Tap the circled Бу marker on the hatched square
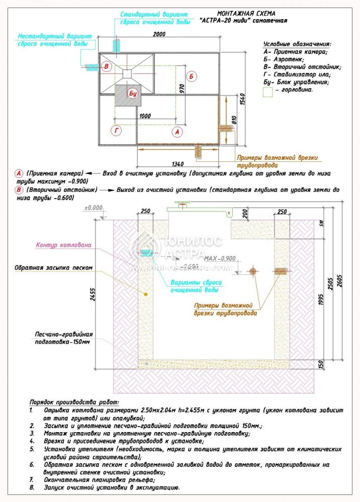point(133,94)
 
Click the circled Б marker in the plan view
point(192,76)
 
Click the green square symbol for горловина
point(268,91)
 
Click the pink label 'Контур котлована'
point(63,246)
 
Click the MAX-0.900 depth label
point(220,258)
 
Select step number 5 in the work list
point(32,449)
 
